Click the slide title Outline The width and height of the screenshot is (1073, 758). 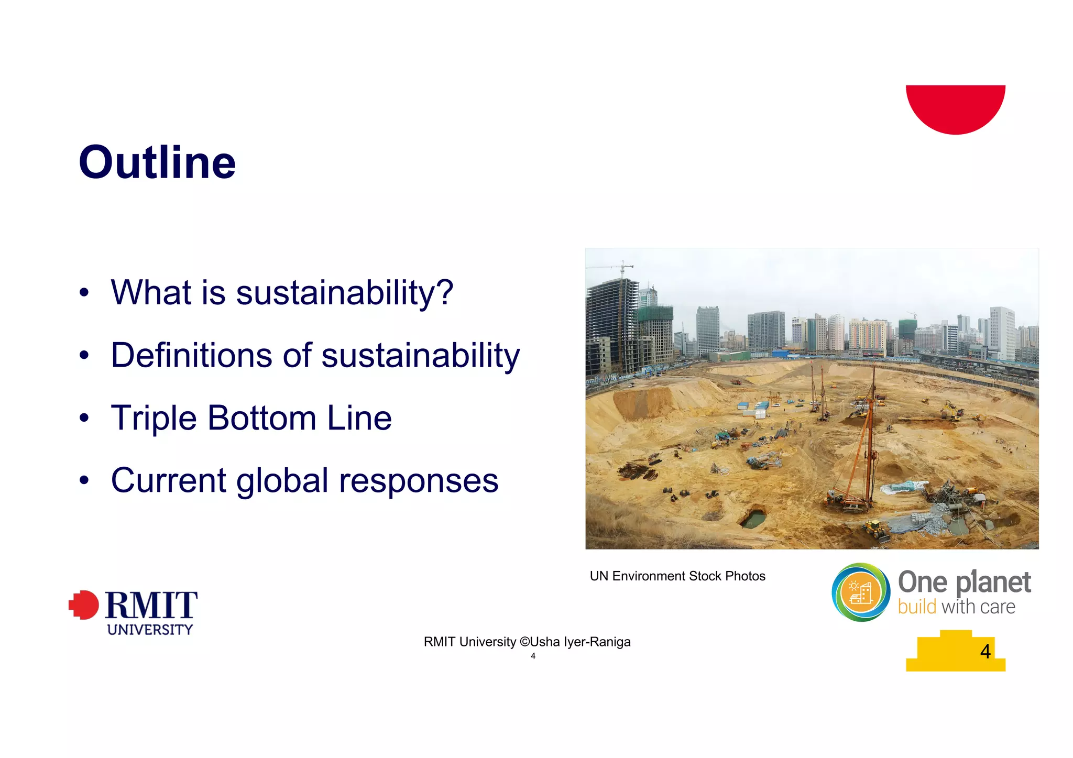[x=157, y=162]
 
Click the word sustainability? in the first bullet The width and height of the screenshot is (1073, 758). [x=344, y=292]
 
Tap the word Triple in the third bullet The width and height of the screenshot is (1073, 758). [x=154, y=418]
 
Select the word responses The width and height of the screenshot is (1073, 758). [x=418, y=481]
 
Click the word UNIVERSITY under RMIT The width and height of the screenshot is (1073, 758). [x=150, y=630]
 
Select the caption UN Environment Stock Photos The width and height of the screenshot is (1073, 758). [x=677, y=576]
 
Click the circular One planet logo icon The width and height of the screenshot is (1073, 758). [x=860, y=592]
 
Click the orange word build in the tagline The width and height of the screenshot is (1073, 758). [x=916, y=607]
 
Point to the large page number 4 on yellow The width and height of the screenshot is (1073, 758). [x=985, y=651]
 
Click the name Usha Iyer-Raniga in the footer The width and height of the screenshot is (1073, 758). [x=581, y=642]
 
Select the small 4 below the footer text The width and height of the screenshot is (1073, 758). [x=533, y=656]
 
